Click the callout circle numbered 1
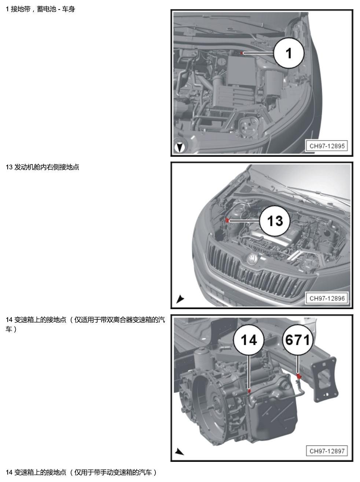click(x=289, y=53)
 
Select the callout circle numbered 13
click(x=275, y=220)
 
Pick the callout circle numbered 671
click(x=298, y=340)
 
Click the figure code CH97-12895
click(x=327, y=146)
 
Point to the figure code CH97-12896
click(x=327, y=299)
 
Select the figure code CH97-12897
click(x=327, y=451)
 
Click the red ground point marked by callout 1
click(x=242, y=53)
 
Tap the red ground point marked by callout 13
click(x=227, y=220)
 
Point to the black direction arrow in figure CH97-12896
click(x=180, y=299)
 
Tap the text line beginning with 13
click(x=43, y=167)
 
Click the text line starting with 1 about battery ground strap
click(x=40, y=9)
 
